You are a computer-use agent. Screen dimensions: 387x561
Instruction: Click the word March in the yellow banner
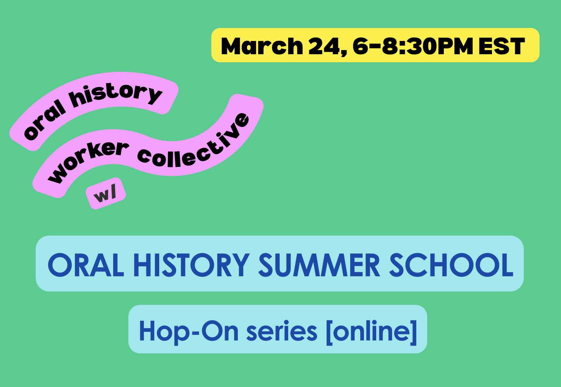262,46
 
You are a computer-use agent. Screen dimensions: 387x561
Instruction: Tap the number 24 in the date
324,46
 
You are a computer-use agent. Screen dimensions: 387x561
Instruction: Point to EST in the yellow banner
502,46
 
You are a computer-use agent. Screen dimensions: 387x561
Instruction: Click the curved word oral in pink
45,120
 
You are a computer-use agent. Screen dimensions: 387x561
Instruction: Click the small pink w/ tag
105,193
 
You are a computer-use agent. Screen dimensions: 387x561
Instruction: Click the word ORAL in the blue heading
86,265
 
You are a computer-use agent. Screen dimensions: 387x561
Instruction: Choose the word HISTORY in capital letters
191,265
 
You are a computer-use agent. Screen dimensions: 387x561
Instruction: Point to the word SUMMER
319,265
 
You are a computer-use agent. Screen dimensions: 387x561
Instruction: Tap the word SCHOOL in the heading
451,265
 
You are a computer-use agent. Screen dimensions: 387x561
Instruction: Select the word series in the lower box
281,331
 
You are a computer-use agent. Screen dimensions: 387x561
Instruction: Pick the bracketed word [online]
371,331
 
